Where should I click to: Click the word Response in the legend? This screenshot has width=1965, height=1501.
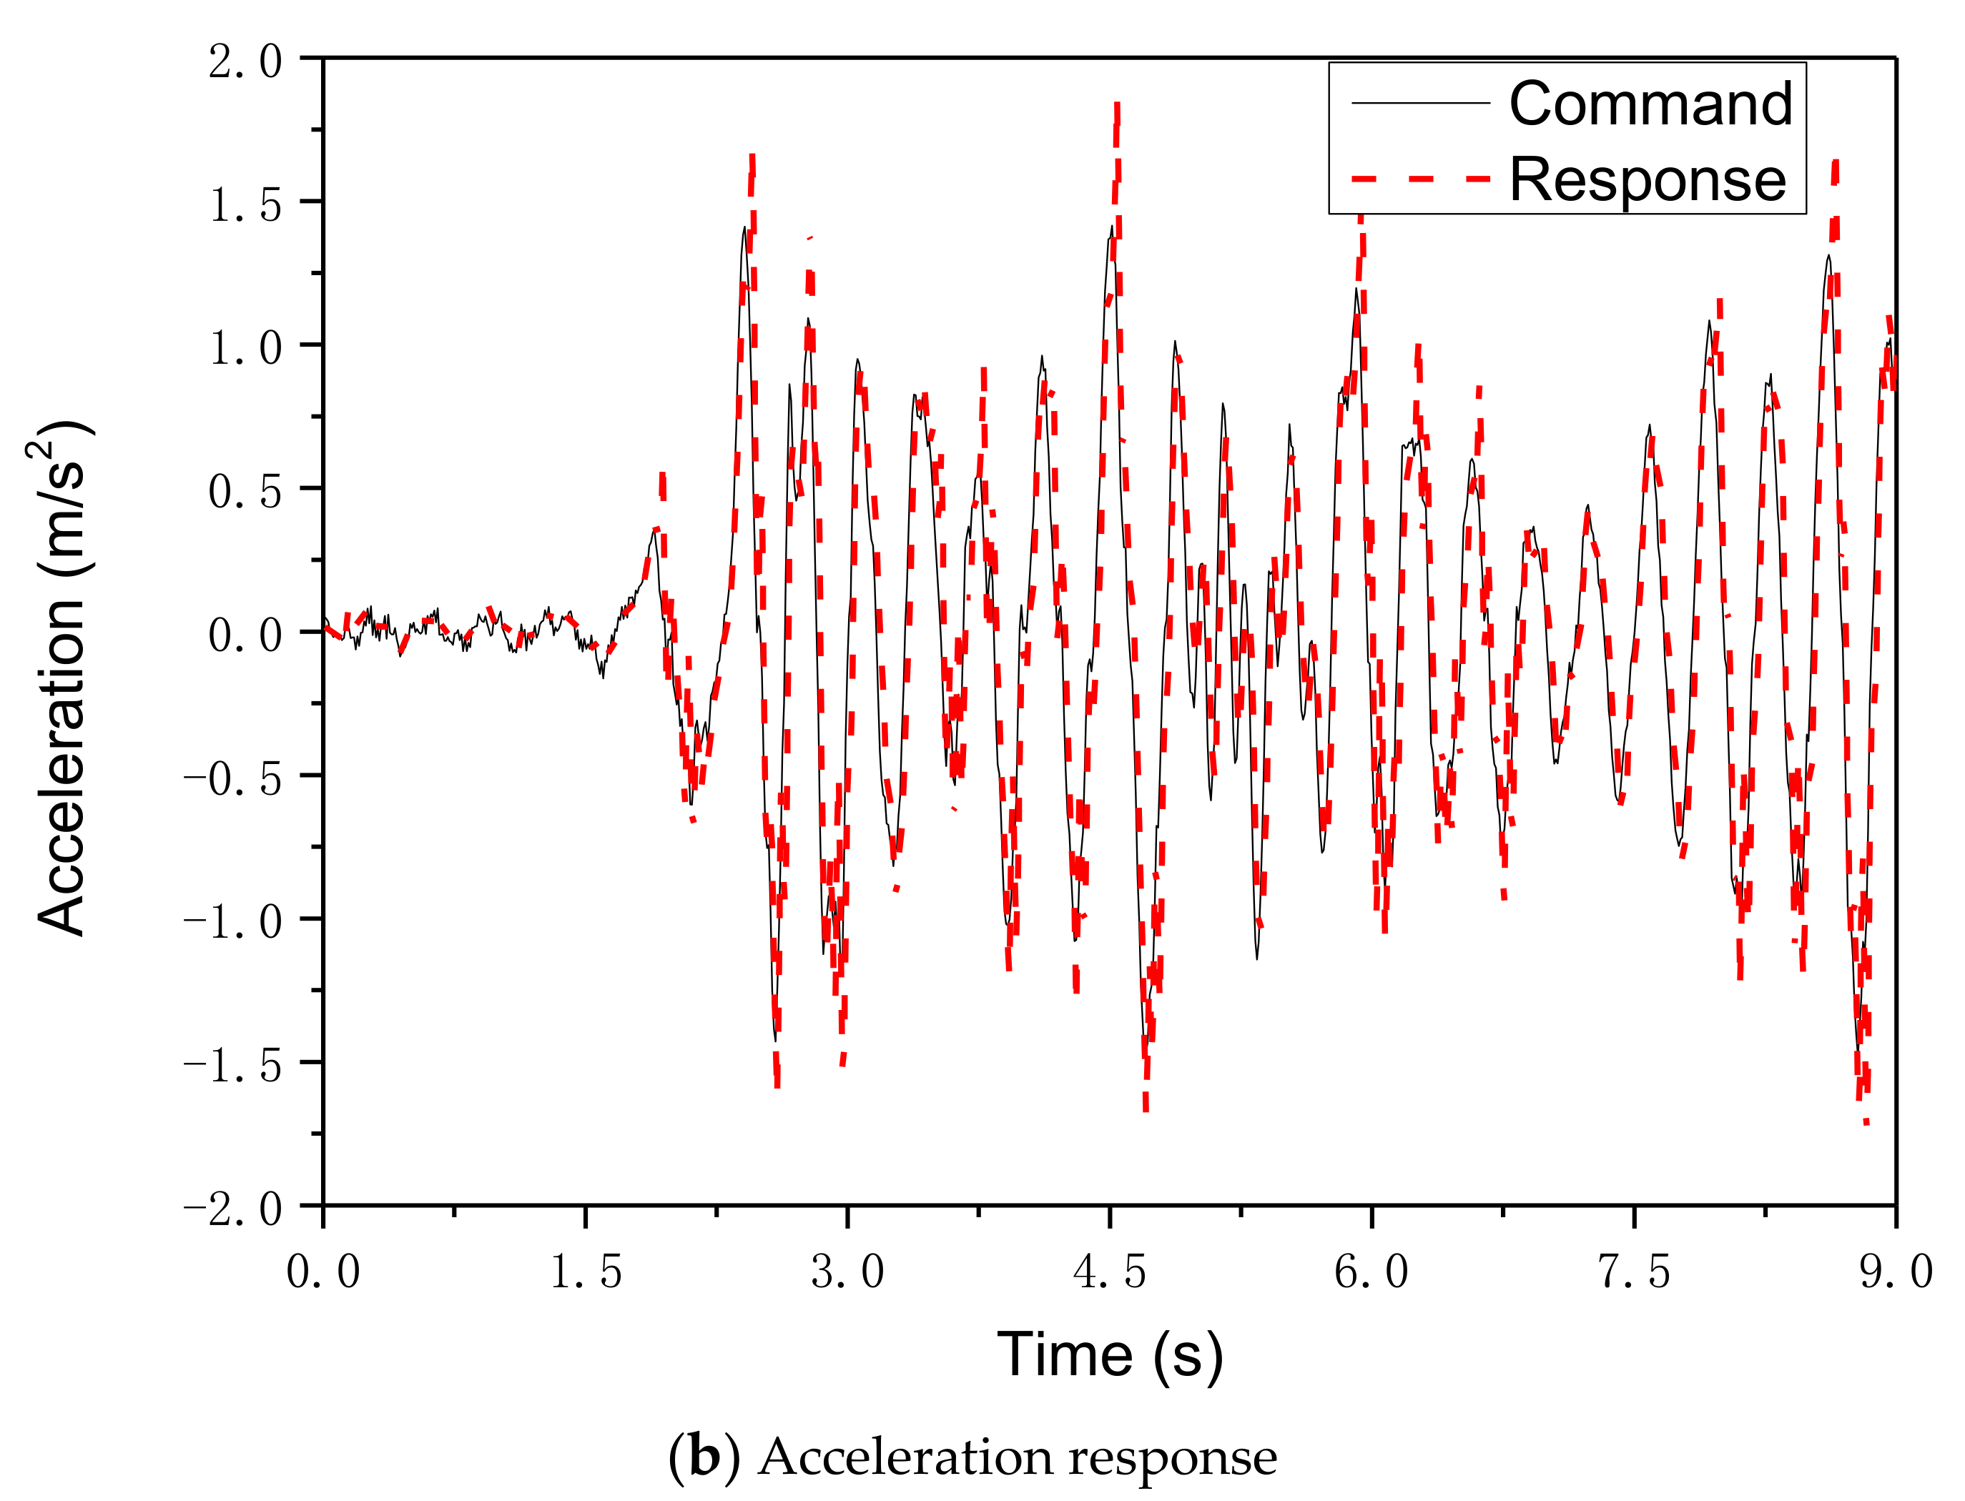[1647, 179]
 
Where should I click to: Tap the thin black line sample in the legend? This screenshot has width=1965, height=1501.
[1420, 103]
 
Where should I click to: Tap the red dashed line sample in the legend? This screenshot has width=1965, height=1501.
[1420, 179]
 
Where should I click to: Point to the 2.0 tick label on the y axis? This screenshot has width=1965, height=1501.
[245, 61]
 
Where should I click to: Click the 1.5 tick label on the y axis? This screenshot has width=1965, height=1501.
[245, 204]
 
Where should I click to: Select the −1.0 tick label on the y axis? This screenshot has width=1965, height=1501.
[232, 921]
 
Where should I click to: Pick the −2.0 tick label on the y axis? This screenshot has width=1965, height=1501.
[232, 1209]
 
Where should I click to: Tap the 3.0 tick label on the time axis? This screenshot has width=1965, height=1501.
[847, 1272]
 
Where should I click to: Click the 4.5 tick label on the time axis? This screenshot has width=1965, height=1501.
[1109, 1272]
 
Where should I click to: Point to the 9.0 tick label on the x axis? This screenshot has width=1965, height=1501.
[1896, 1272]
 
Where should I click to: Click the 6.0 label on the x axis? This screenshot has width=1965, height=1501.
[1371, 1272]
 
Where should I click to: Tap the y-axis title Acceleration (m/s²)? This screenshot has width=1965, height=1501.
[61, 676]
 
